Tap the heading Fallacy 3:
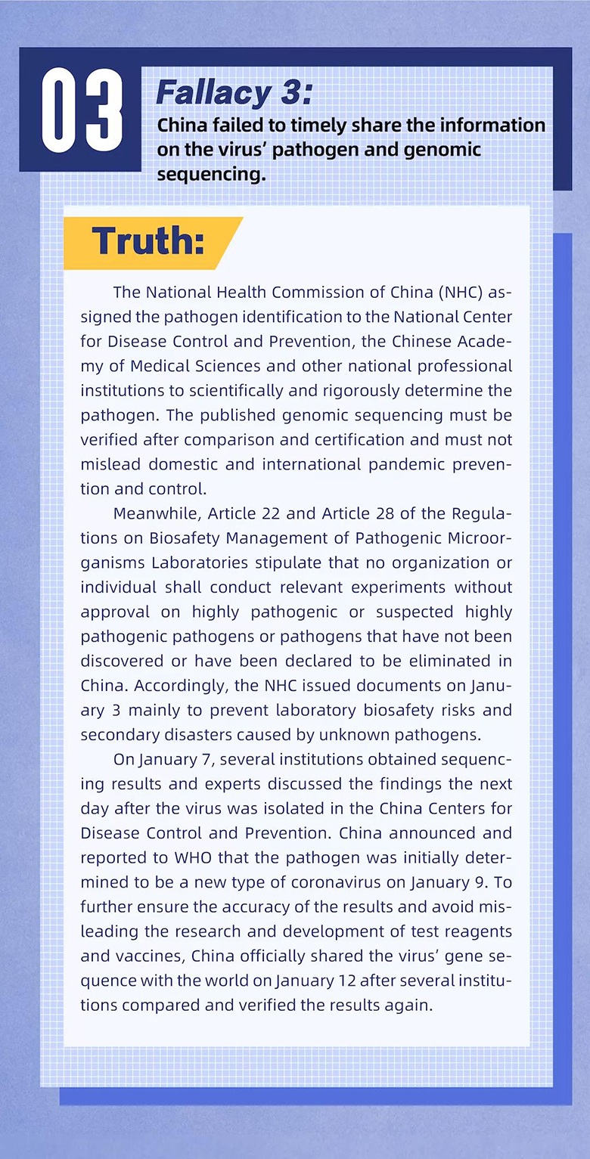click(x=233, y=94)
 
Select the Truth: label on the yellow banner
click(x=147, y=241)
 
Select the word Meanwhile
click(x=157, y=513)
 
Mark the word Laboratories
click(x=200, y=562)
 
